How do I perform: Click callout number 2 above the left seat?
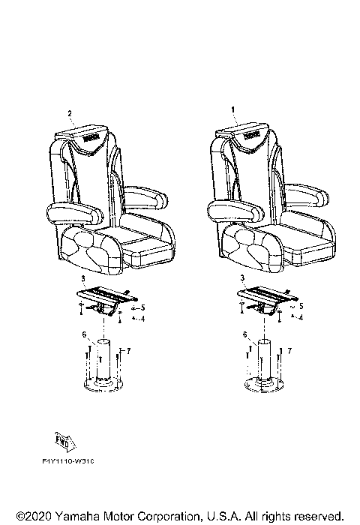point(70,114)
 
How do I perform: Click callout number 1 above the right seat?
point(232,109)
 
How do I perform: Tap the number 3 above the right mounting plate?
point(242,277)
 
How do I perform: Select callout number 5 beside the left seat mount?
point(142,307)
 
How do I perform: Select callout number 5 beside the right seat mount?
point(301,306)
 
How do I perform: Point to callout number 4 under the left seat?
point(142,318)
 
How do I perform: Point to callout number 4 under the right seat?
point(301,318)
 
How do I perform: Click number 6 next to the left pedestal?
point(84,334)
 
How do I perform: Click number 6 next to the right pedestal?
point(244,334)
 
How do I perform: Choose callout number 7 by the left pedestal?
point(129,351)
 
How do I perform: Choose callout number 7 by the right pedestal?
point(289,351)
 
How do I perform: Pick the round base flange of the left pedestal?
point(102,385)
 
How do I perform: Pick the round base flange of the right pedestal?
point(263,385)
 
